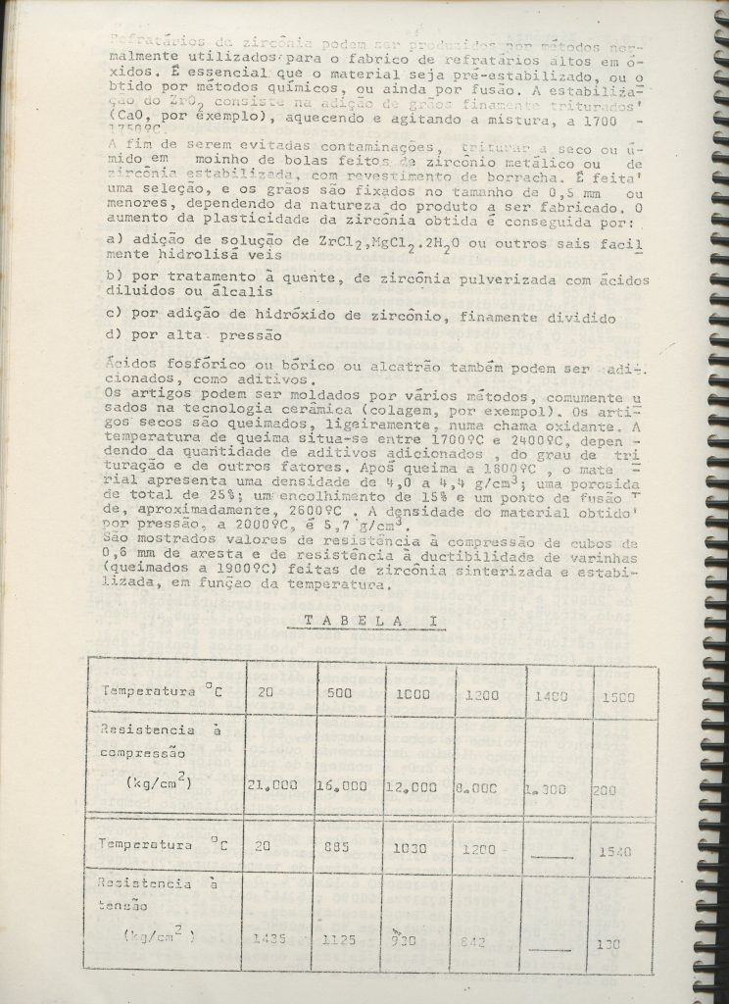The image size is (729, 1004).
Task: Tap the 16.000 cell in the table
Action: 342,786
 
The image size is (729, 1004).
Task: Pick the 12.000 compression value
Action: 410,786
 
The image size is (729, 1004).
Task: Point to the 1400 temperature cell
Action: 553,696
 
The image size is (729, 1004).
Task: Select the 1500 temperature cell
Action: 617,697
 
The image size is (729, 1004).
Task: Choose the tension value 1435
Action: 269,938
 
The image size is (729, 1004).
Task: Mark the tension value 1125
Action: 339,938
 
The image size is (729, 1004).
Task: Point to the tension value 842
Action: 475,939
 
